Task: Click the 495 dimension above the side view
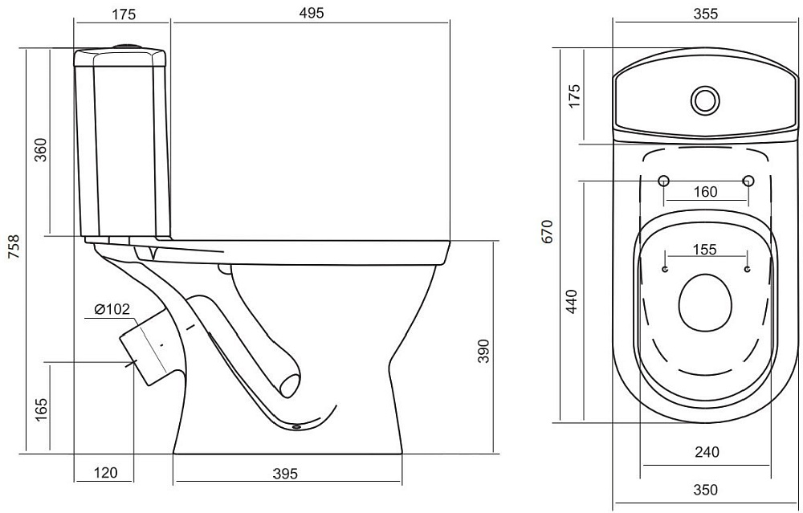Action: pos(312,13)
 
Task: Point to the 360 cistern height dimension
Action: pos(40,149)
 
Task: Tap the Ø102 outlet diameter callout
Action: pos(112,309)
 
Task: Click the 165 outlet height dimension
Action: pos(40,409)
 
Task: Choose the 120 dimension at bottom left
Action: pos(105,473)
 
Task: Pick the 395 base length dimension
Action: pos(285,474)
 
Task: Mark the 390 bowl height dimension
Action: pos(483,351)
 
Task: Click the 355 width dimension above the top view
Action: pos(706,14)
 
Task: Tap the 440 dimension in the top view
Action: pos(572,302)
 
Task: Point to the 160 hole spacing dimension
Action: pos(705,192)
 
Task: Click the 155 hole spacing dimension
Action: pos(705,250)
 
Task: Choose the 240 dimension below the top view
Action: pos(707,452)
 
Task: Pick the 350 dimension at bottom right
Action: pos(706,490)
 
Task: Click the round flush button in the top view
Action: pos(705,100)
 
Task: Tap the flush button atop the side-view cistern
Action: pos(126,47)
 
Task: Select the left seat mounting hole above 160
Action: pos(664,180)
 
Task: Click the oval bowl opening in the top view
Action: pos(705,303)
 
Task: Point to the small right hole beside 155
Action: pos(748,269)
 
